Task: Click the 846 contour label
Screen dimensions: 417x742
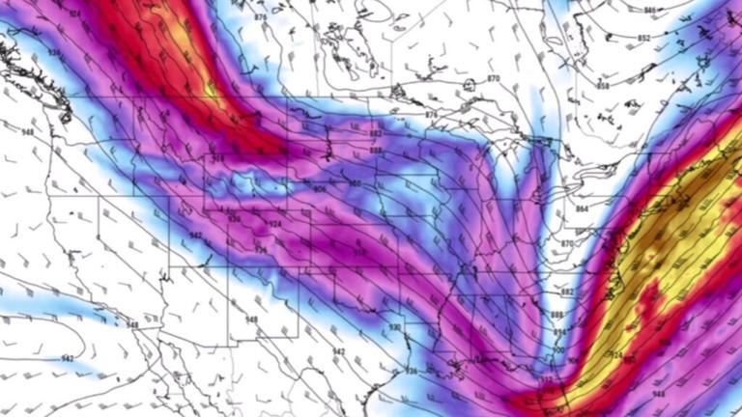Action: click(649, 10)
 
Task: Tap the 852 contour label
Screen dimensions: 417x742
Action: click(642, 40)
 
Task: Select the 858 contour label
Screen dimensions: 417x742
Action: click(603, 86)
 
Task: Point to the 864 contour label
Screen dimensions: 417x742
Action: click(581, 208)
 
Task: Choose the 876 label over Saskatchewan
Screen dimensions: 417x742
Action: click(261, 17)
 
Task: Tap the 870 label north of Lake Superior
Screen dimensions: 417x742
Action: click(493, 78)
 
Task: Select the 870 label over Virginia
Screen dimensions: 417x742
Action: click(567, 244)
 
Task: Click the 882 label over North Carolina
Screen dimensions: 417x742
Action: click(567, 291)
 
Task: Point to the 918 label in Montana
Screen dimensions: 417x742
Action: click(217, 158)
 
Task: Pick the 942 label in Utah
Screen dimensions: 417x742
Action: click(195, 236)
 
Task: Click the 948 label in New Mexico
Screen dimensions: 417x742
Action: click(251, 319)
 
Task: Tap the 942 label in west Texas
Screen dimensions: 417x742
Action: click(338, 351)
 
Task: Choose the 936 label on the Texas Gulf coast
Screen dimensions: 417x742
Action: click(411, 371)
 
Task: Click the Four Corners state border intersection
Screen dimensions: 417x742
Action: click(229, 263)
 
